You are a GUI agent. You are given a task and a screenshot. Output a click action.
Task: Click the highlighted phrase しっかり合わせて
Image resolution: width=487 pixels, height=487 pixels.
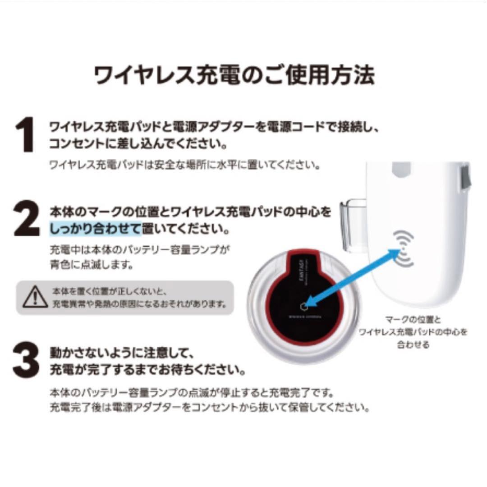(95, 229)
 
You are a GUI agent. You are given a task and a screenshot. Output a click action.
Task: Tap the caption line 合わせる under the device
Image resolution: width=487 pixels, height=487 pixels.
(413, 345)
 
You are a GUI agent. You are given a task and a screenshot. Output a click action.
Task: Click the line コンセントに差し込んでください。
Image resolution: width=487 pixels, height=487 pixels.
(138, 144)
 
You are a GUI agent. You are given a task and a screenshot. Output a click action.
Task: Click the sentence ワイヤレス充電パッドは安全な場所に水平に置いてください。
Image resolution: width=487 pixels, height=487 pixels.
(185, 165)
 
